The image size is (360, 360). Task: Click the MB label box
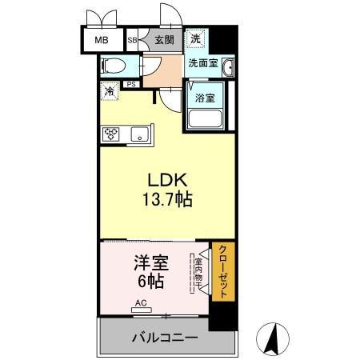coord(102,39)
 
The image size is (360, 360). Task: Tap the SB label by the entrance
coord(133,39)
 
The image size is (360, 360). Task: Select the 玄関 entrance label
coord(164,39)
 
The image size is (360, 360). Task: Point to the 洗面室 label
coord(202,63)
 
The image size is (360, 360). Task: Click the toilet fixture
coord(114,65)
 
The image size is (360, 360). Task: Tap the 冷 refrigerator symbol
coord(108,91)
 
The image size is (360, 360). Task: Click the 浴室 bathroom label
coord(206,98)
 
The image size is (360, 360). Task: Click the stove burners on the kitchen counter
coord(109,134)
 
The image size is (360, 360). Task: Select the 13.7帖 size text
coord(168,201)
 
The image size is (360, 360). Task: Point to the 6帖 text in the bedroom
coord(151,282)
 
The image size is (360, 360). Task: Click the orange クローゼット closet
coord(222,272)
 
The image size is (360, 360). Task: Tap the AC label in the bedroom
coord(141,303)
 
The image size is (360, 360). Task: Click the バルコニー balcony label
coord(165,338)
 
